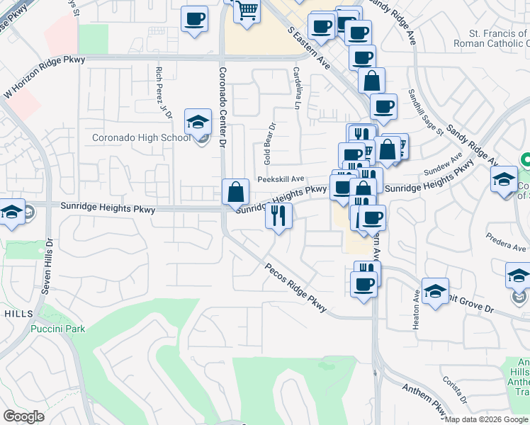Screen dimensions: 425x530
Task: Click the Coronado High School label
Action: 141,137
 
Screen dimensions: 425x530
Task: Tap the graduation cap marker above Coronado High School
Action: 198,123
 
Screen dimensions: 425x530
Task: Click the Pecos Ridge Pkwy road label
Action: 296,288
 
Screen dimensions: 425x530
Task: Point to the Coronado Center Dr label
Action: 222,107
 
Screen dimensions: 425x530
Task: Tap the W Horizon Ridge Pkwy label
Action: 44,78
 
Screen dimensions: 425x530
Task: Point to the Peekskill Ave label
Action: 281,179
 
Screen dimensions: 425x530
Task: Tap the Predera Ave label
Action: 503,240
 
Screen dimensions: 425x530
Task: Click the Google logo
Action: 23,416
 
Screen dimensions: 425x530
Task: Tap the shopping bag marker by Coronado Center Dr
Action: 235,193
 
